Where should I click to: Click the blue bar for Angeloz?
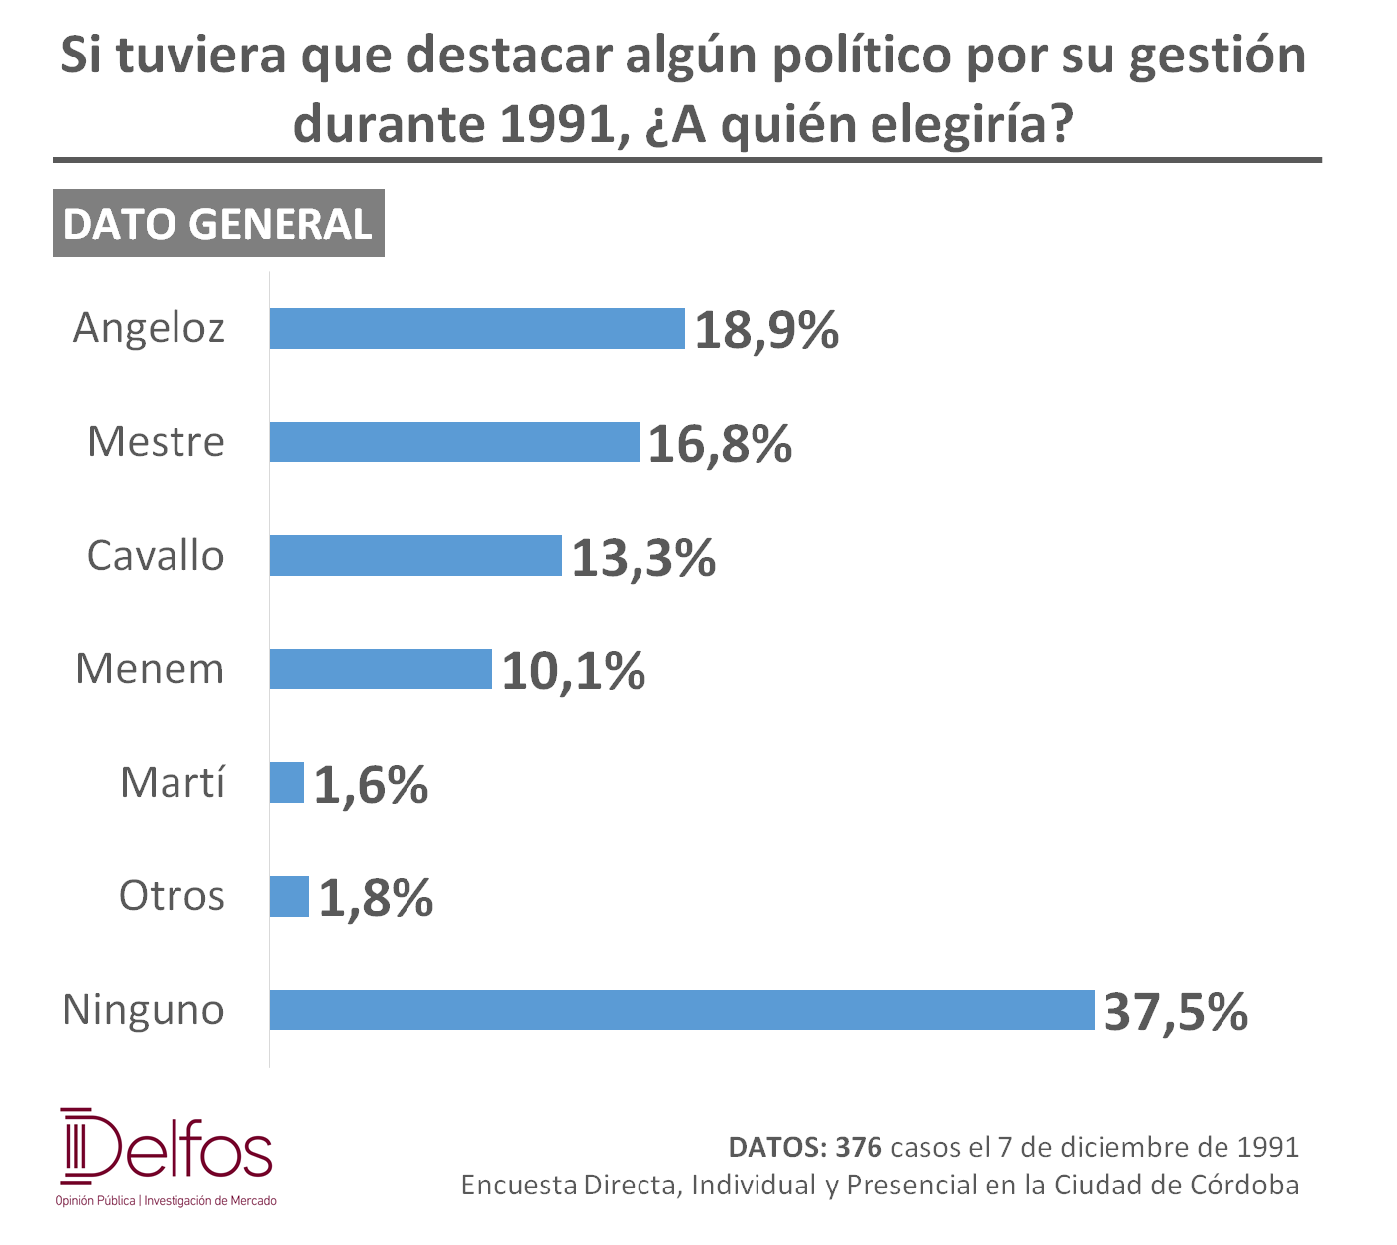point(477,328)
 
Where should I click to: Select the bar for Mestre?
point(454,442)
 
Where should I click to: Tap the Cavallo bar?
point(415,556)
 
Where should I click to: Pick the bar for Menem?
point(380,669)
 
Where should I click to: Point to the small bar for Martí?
point(287,782)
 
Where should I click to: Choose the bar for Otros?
point(289,896)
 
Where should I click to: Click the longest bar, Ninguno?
point(681,1010)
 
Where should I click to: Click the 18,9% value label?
point(766,330)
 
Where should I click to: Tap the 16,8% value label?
point(720,444)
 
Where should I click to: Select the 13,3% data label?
point(643,558)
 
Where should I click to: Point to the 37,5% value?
point(1176,1012)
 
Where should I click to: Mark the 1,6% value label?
point(371,784)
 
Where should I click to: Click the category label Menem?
point(150,669)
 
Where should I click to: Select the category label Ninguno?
point(144,1011)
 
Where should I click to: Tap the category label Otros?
point(172,896)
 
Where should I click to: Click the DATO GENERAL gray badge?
point(218,223)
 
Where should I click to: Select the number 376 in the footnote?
point(859,1147)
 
